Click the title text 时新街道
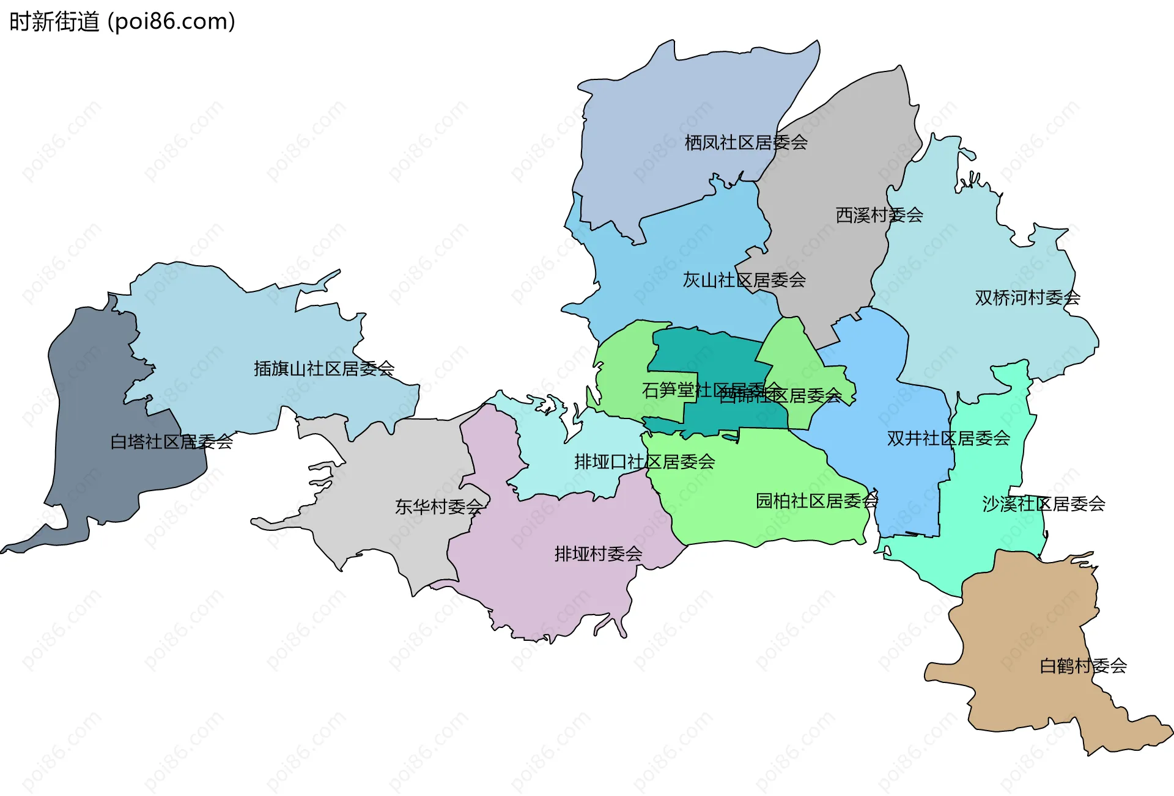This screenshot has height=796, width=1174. coord(54,22)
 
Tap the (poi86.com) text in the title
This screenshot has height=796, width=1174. coord(171,22)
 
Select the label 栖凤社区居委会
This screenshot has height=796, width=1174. coord(746,142)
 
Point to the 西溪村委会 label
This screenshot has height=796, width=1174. coord(879,215)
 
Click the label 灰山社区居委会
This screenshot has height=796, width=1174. coord(744,280)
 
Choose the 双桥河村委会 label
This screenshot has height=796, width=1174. coord(1027,298)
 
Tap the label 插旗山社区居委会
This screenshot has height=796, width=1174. coord(324,368)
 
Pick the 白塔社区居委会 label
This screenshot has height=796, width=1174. coord(172,441)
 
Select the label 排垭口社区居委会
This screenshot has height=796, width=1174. coord(644,461)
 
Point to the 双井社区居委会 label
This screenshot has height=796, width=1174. coord(948,438)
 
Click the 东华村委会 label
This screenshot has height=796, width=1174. coord(439,506)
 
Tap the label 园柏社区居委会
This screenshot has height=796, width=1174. coord(817,501)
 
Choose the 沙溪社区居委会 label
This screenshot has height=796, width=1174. coord(1044,504)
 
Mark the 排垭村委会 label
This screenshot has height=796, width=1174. coord(598,553)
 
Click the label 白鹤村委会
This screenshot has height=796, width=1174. coord(1083,665)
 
